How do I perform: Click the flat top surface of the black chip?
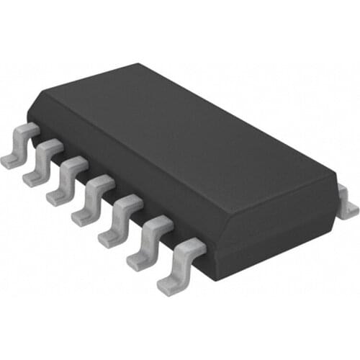point(187,137)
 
